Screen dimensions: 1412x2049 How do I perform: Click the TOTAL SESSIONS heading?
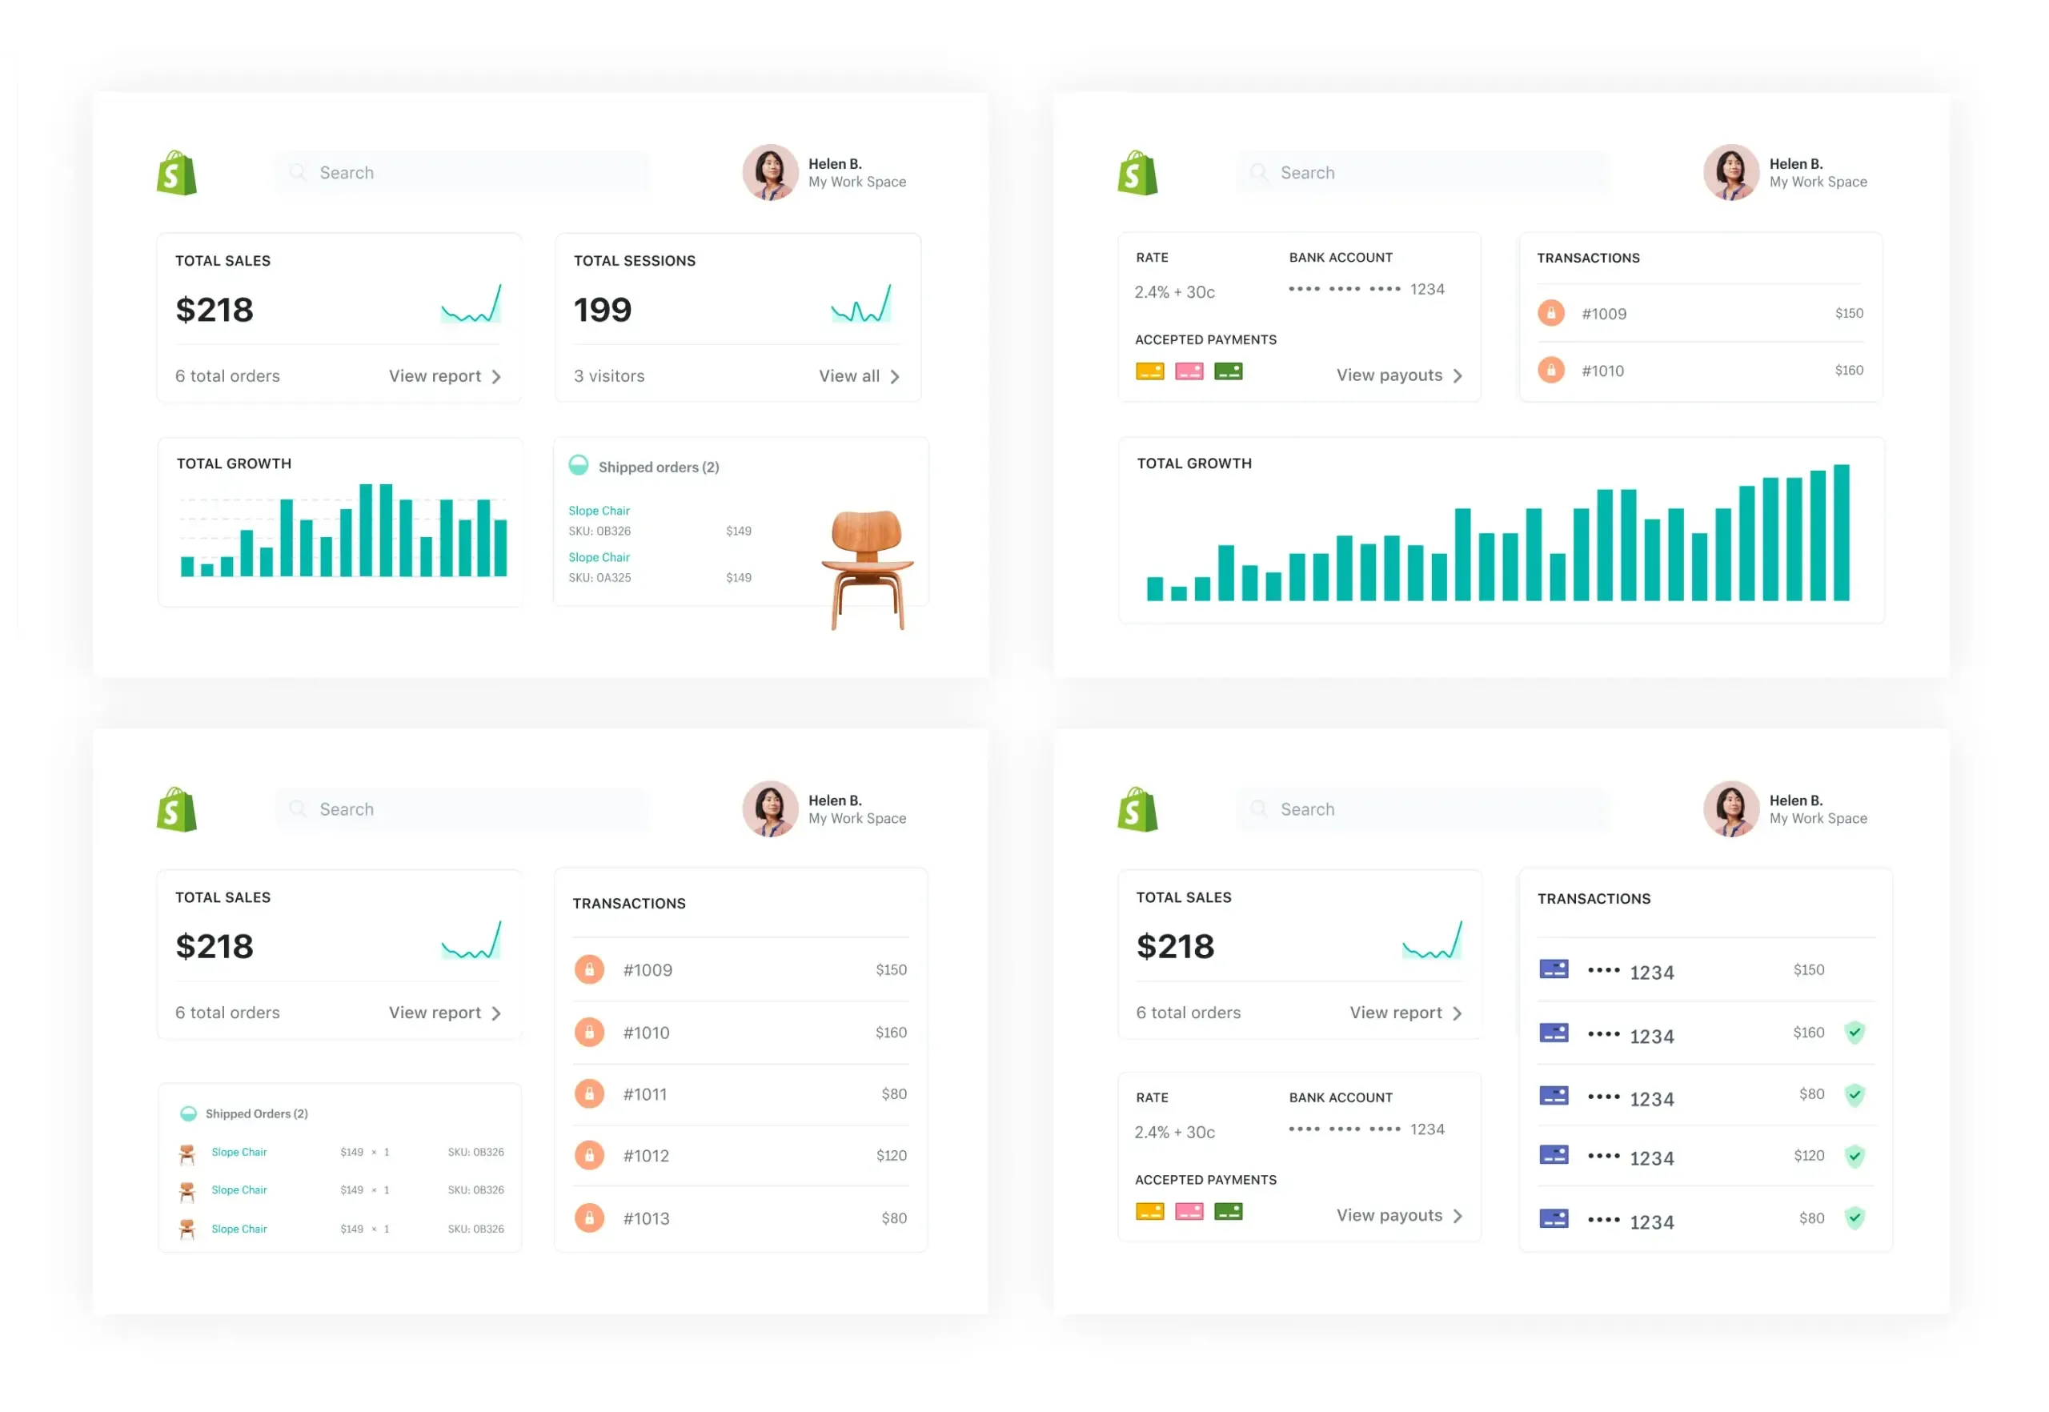[635, 261]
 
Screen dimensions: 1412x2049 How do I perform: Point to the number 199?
[603, 311]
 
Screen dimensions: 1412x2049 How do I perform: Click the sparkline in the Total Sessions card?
[861, 304]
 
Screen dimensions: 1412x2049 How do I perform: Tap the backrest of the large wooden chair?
[866, 530]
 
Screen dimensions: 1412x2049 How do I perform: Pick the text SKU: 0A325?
[599, 579]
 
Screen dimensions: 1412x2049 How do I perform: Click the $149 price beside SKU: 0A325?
[738, 579]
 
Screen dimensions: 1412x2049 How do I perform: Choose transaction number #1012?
[646, 1157]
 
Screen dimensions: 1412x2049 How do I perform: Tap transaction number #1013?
[646, 1219]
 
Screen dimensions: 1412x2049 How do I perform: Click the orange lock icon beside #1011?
[589, 1094]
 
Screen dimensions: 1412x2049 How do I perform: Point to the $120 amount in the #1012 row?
[891, 1157]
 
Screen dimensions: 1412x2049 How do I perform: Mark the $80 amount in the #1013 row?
[893, 1219]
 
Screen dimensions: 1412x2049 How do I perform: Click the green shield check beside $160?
[1855, 1033]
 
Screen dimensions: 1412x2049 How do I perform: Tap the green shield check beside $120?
[1855, 1157]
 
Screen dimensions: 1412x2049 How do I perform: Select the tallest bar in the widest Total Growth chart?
[1841, 532]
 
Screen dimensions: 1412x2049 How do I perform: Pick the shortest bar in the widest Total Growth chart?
[1178, 594]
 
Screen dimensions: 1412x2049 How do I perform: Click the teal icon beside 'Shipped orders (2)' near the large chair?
[578, 465]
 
